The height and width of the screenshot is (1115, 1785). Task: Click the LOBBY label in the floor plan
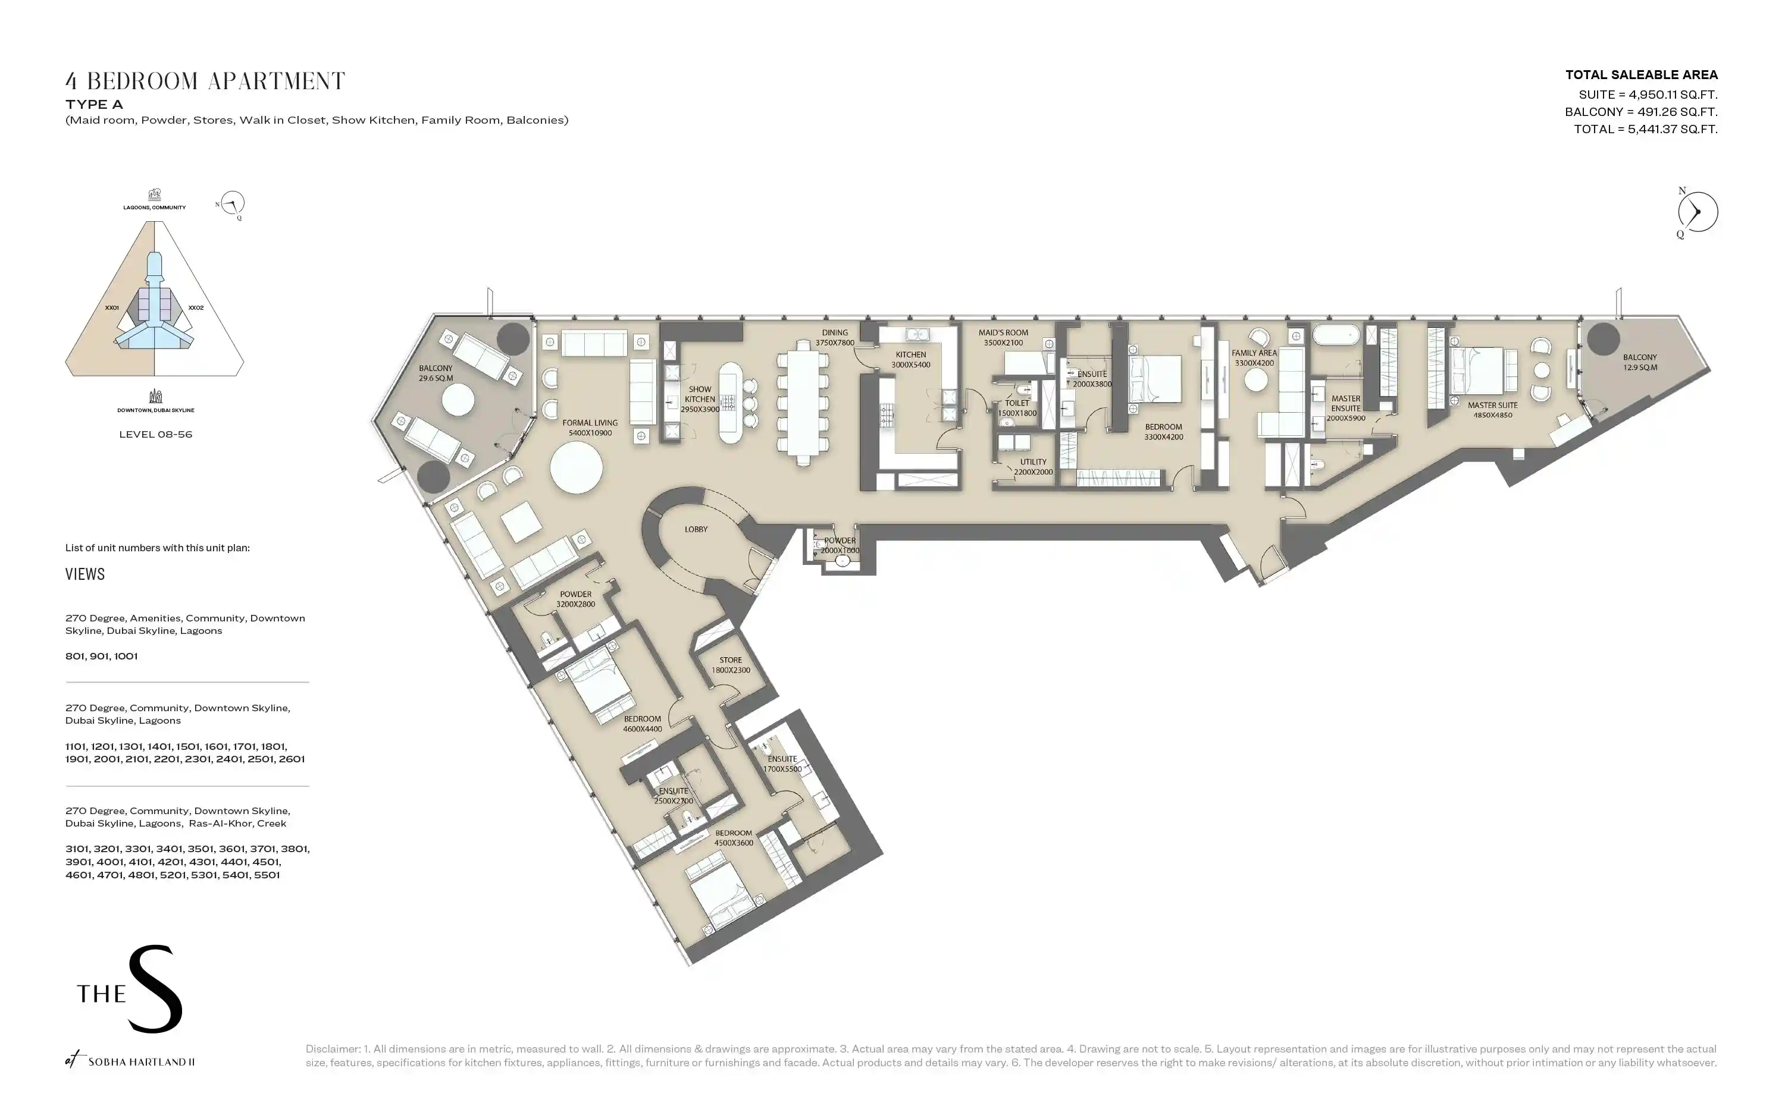(x=696, y=529)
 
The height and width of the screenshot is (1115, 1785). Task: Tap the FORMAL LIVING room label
(x=590, y=428)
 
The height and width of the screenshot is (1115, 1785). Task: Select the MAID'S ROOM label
(x=1003, y=338)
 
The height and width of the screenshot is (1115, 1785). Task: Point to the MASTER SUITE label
(x=1493, y=410)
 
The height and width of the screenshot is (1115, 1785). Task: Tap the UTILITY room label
(x=1034, y=467)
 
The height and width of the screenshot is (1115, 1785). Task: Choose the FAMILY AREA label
(x=1254, y=357)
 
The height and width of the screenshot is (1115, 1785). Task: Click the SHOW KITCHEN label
(x=700, y=399)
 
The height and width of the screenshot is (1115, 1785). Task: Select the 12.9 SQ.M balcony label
(x=1640, y=362)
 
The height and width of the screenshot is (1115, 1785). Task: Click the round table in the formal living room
(x=576, y=467)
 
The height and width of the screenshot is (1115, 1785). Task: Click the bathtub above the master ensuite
(x=1336, y=335)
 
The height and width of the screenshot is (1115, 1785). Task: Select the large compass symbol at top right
(x=1697, y=212)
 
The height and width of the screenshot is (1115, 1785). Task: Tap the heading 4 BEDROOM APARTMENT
(x=205, y=81)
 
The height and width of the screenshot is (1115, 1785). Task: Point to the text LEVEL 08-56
(x=156, y=434)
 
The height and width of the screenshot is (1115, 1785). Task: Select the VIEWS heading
(x=85, y=574)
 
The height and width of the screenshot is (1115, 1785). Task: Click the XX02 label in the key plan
(x=196, y=307)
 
